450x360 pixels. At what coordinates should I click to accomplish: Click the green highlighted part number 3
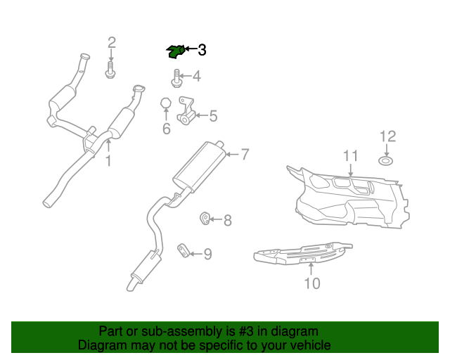(176, 51)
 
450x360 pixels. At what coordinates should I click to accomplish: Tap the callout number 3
(202, 50)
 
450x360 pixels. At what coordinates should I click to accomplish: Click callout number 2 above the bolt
(111, 44)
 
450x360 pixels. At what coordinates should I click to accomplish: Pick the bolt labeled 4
(176, 77)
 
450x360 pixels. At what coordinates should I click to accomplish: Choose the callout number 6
(166, 129)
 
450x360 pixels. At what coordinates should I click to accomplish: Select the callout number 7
(245, 154)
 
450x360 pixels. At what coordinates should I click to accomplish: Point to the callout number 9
(207, 254)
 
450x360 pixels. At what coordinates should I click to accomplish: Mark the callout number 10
(311, 283)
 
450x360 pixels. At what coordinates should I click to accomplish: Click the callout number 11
(350, 156)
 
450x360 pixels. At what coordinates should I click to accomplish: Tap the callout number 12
(387, 136)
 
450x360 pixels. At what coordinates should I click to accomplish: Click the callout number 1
(108, 162)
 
